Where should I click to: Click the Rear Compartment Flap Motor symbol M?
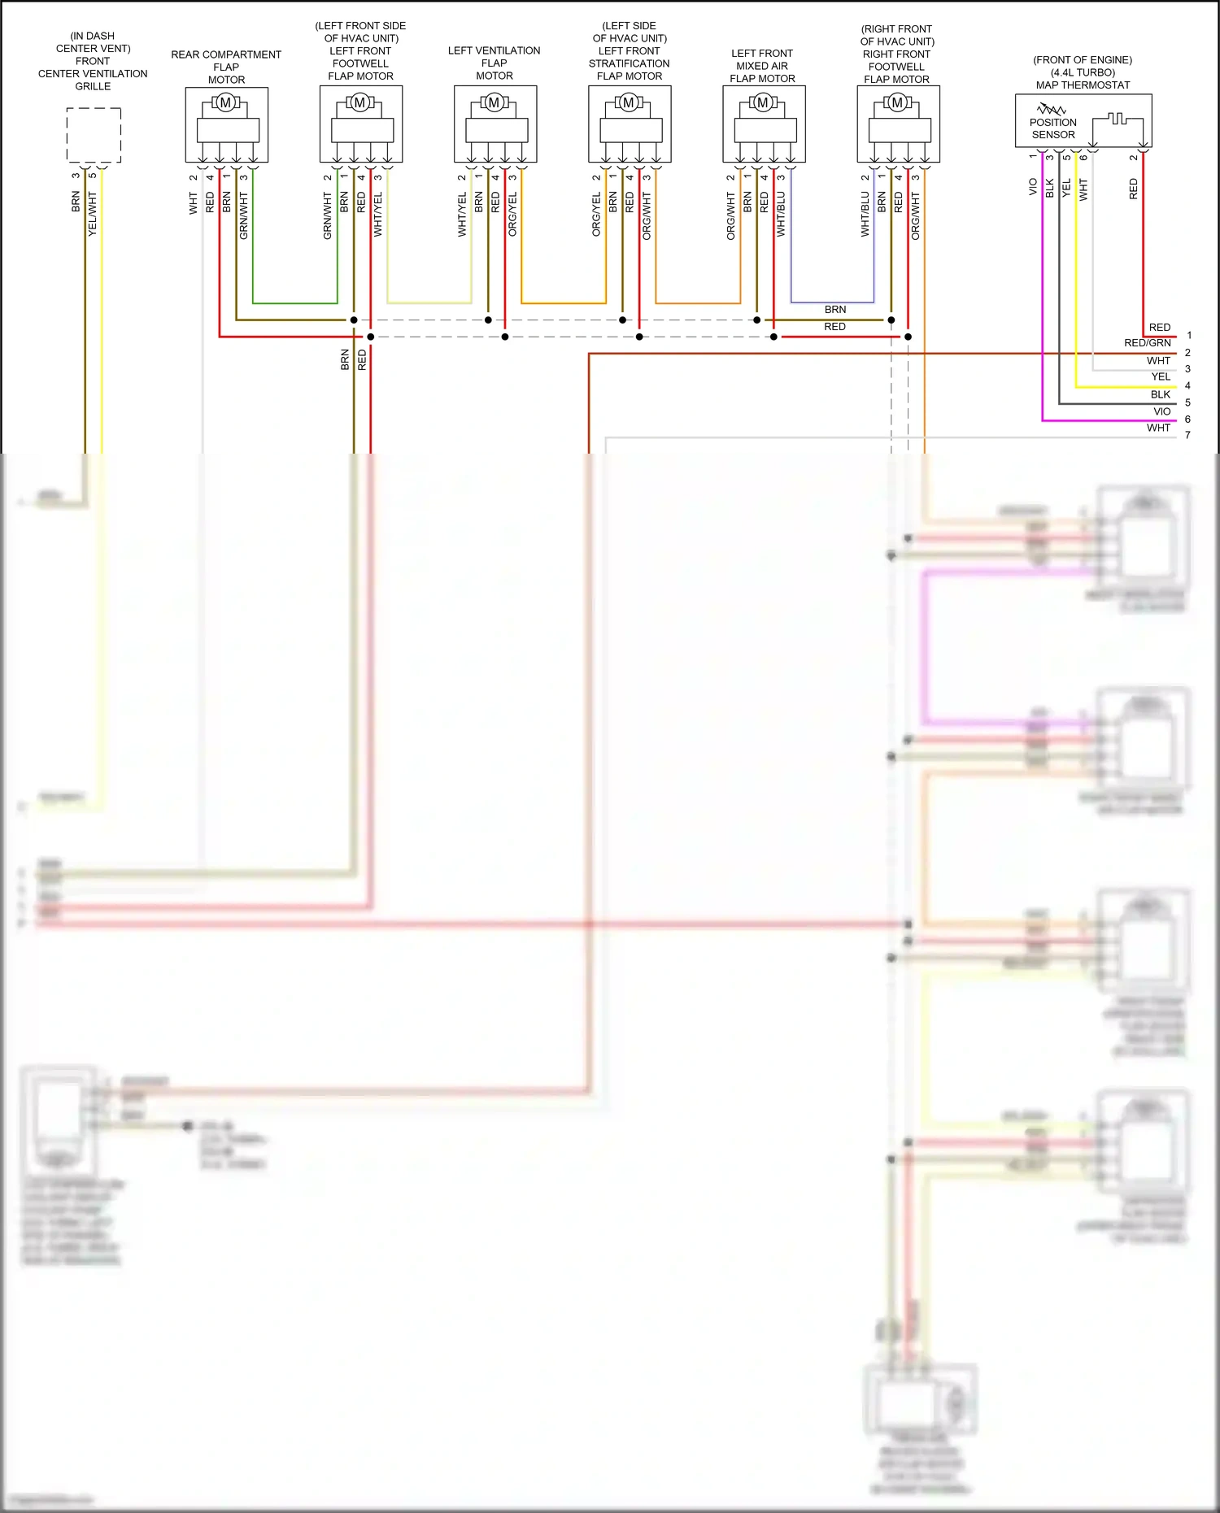coord(226,102)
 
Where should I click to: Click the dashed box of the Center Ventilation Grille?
coord(94,135)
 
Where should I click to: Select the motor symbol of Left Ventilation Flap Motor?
coord(494,102)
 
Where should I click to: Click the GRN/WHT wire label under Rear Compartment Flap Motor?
coord(243,215)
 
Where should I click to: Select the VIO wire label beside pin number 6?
coord(1162,411)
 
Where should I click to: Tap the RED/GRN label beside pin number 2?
coord(1147,343)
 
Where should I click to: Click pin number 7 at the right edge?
coord(1187,435)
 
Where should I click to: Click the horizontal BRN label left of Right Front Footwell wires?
coord(834,310)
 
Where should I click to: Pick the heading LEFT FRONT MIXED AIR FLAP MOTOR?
coord(762,66)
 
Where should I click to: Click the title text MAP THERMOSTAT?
coord(1083,85)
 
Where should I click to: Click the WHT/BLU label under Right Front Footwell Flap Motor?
coord(865,215)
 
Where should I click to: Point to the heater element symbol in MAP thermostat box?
coord(1118,120)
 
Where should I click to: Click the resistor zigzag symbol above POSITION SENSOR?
coord(1051,108)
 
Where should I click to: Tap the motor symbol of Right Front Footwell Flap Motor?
coord(897,102)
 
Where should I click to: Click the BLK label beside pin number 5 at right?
coord(1160,394)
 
